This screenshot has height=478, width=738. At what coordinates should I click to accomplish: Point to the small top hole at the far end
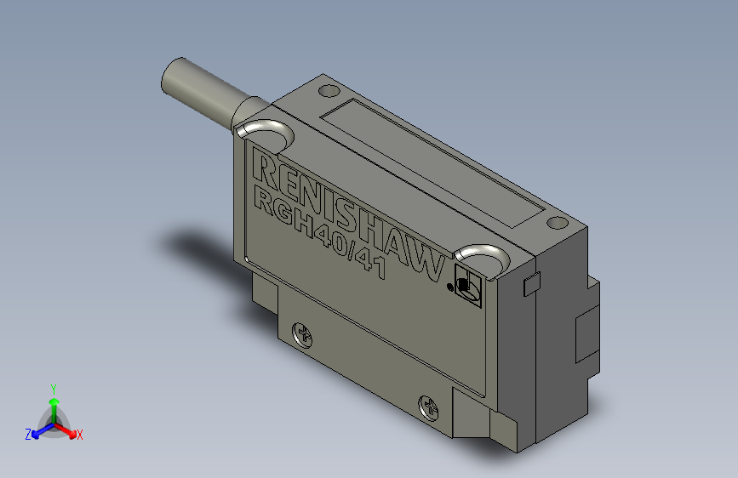point(557,223)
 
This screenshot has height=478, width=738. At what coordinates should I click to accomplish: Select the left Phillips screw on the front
point(302,334)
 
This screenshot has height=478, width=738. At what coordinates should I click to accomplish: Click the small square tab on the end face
point(530,284)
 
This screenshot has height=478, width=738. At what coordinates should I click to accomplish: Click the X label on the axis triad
point(80,435)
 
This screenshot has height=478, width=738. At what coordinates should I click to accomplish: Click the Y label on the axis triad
point(54,387)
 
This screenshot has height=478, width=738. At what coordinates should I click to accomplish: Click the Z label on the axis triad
point(28,435)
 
